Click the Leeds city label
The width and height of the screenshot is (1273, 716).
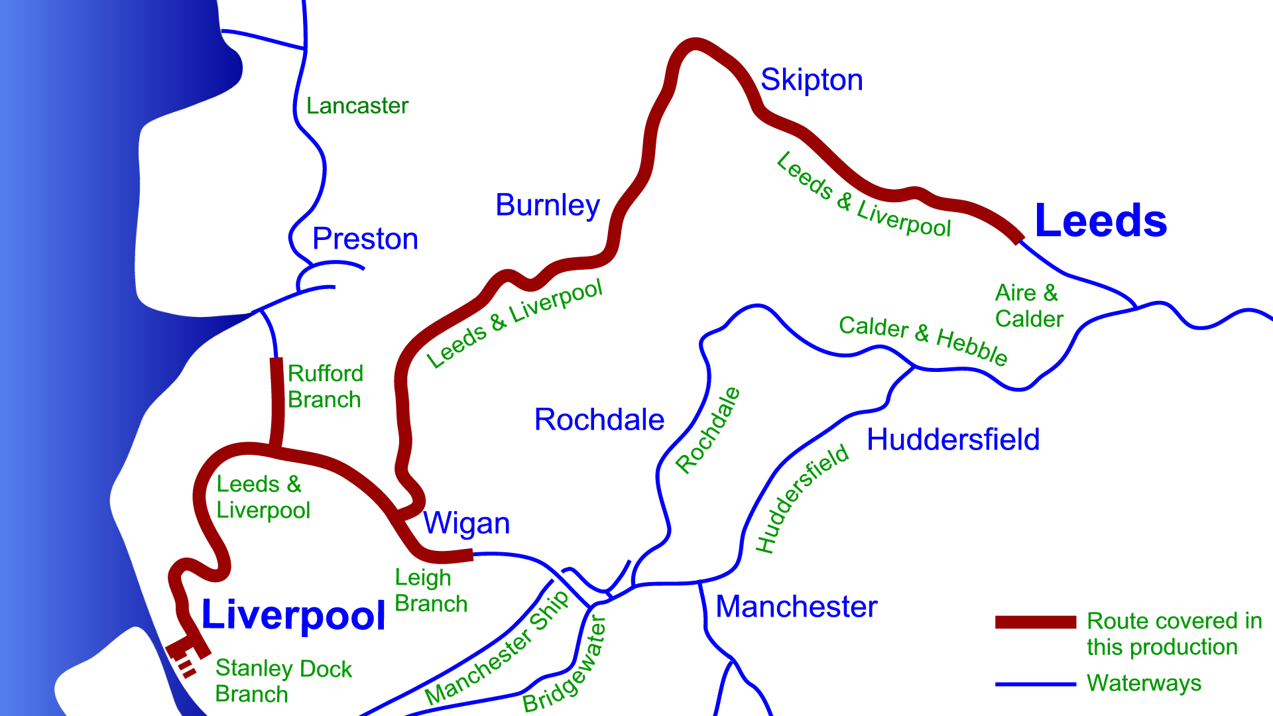[1100, 221]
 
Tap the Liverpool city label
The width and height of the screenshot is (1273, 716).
[293, 615]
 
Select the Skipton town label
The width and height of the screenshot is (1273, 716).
[812, 80]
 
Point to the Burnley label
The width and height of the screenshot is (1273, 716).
[548, 206]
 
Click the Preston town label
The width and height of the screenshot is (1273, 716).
[365, 239]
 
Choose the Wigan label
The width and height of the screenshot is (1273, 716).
[467, 524]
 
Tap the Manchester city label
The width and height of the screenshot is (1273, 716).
[796, 607]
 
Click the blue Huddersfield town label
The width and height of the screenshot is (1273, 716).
[953, 440]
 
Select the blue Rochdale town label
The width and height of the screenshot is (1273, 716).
[599, 420]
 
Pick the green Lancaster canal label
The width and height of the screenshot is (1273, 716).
[357, 106]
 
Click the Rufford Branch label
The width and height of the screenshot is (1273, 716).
[325, 387]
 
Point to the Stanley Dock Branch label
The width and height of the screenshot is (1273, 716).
[283, 681]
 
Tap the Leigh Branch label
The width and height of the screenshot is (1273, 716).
[431, 591]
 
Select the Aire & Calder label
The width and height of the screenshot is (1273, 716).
[1029, 306]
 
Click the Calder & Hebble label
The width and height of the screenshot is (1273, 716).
[923, 339]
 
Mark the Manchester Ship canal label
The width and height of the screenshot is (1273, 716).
[497, 648]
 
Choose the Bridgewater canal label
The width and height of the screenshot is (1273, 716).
[565, 665]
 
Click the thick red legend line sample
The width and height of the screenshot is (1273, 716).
[1035, 622]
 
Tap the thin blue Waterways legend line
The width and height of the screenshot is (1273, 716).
[1035, 684]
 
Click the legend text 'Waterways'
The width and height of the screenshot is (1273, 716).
[1144, 683]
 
